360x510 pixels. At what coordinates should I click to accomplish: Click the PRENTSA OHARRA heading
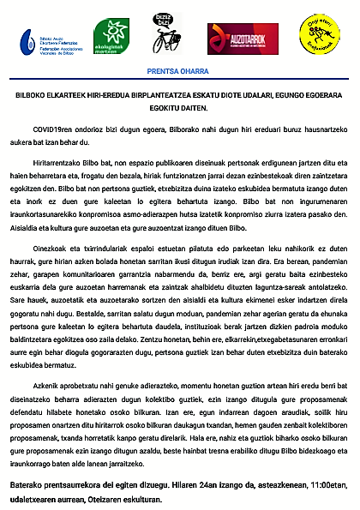click(180, 72)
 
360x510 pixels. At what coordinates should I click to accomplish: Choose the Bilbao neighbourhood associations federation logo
click(51, 39)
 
